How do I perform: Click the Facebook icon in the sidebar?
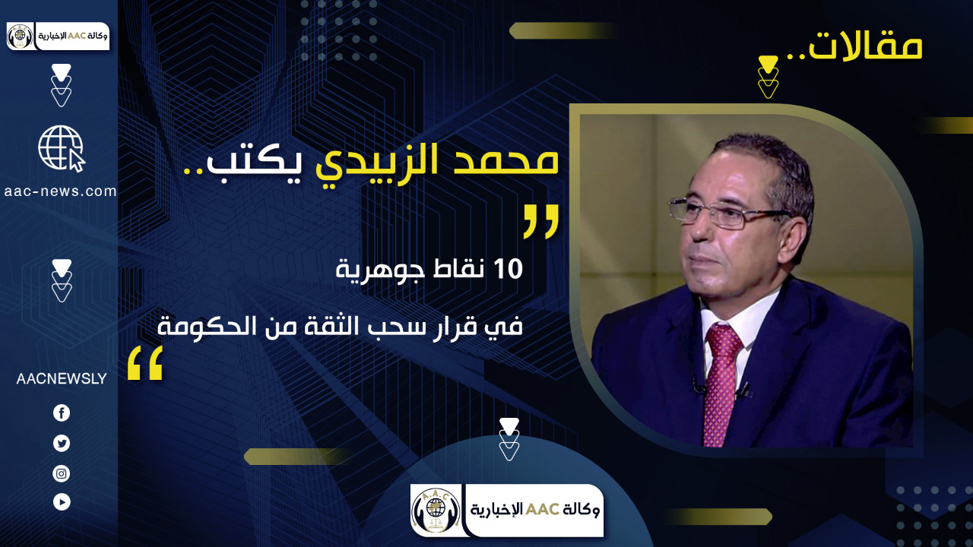point(62,413)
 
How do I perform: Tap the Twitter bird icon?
point(62,443)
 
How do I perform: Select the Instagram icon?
point(62,473)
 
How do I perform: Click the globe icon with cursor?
point(62,148)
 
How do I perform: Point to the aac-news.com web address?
point(60,191)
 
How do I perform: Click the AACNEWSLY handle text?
point(62,379)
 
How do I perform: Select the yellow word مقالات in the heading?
point(865,46)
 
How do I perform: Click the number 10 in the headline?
point(509,269)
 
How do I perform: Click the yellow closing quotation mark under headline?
point(145,363)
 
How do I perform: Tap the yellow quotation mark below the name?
point(540,222)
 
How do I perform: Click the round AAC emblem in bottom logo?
point(436,511)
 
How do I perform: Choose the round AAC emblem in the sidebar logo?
point(20,36)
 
